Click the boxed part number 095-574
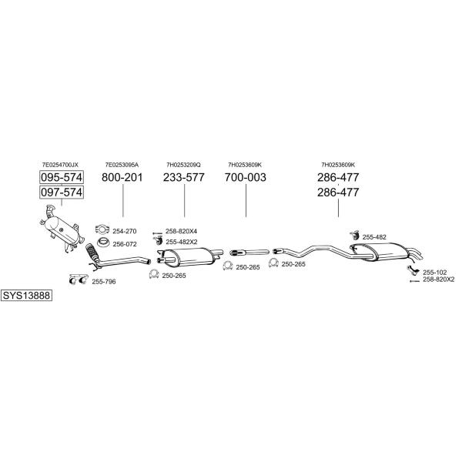[x=62, y=177]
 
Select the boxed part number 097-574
[x=62, y=192]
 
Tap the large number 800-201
[x=122, y=177]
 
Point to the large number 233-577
[x=184, y=177]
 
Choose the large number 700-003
[x=246, y=177]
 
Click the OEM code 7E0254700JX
[x=60, y=165]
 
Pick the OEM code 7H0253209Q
[x=183, y=165]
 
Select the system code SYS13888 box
[x=26, y=295]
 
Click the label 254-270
[x=125, y=231]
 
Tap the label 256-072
[x=125, y=244]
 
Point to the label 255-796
[x=104, y=282]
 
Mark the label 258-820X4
[x=181, y=231]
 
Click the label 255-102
[x=434, y=273]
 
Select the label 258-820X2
[x=439, y=280]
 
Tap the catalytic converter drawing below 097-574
[x=62, y=229]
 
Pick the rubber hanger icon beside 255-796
[x=79, y=280]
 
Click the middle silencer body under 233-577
[x=189, y=256]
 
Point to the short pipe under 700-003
[x=249, y=253]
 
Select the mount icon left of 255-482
[x=353, y=236]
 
